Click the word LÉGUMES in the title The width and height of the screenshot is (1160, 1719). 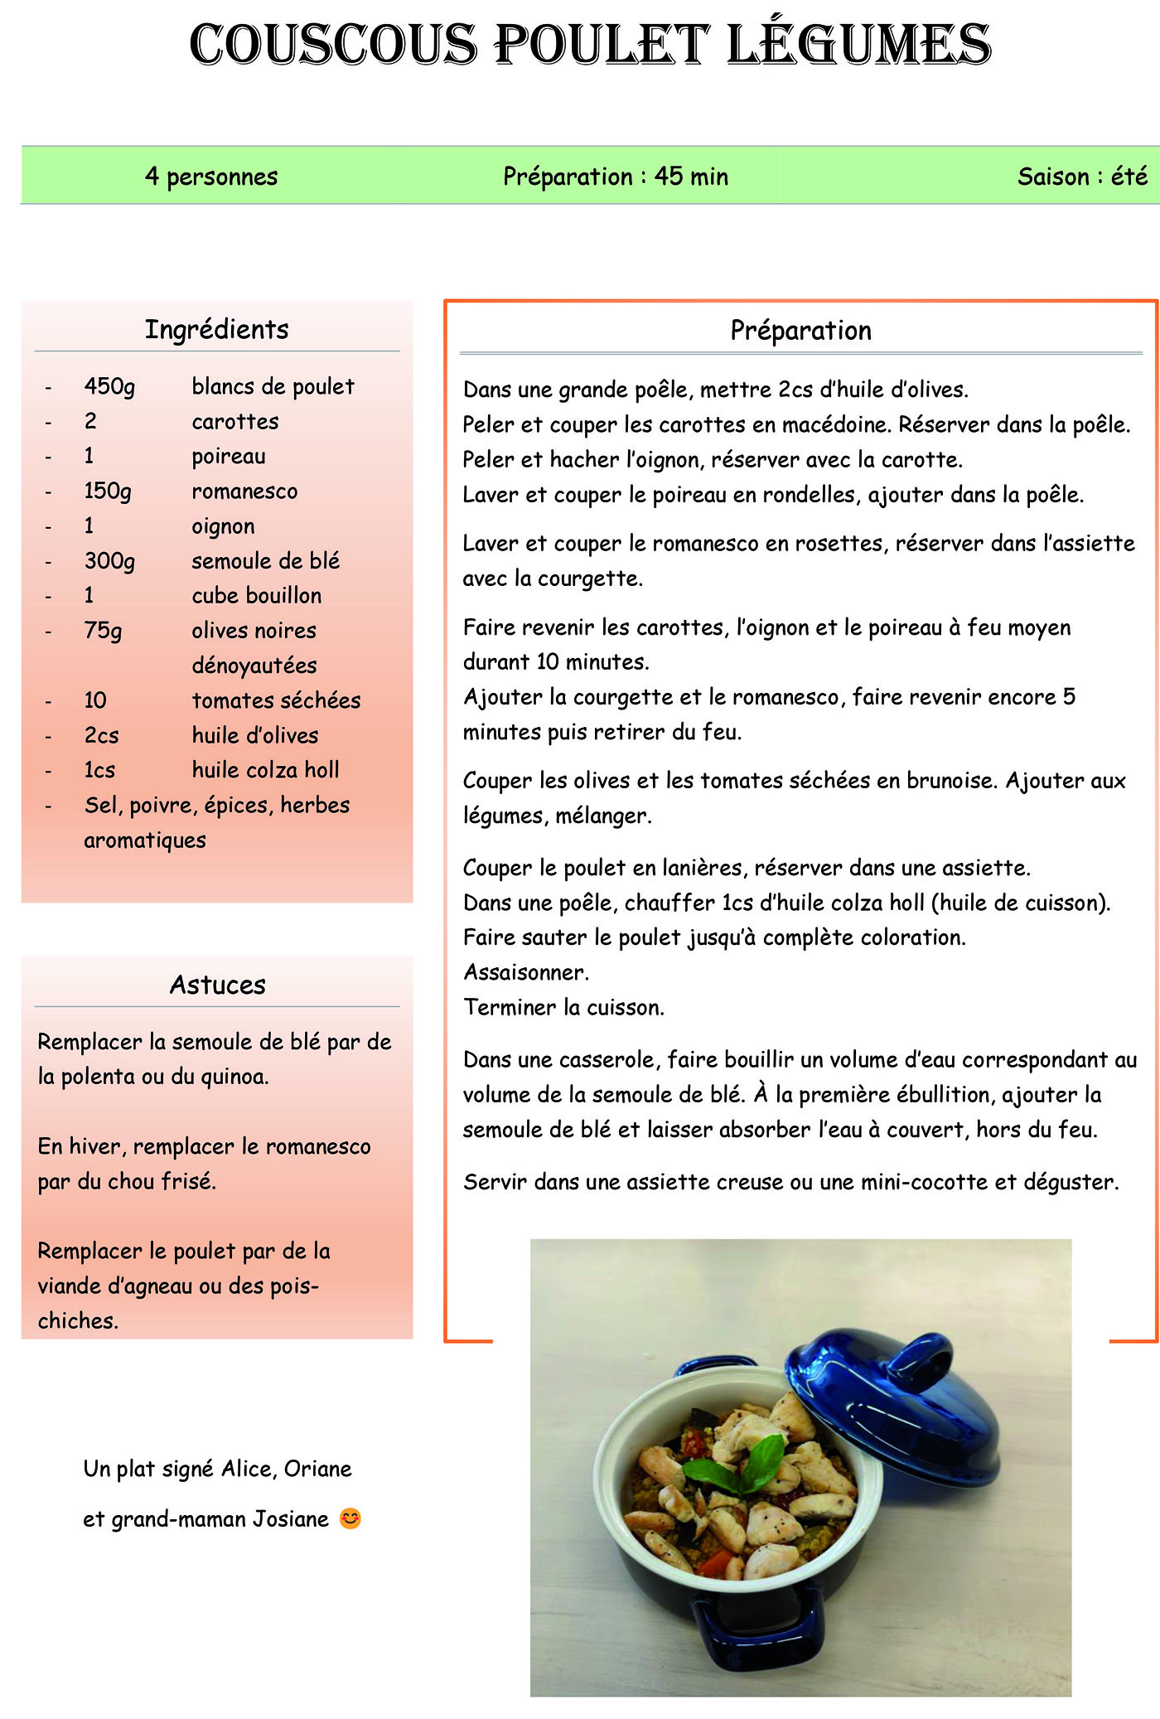[x=858, y=45]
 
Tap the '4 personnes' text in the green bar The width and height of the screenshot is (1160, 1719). [x=211, y=177]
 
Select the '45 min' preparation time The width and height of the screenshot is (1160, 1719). [x=691, y=177]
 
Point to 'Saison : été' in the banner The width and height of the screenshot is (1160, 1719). [x=1082, y=177]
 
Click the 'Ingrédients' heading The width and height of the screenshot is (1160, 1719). [x=217, y=330]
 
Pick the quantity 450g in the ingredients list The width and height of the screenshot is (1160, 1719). [x=109, y=387]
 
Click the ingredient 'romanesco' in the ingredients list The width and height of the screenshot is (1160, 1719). [x=244, y=491]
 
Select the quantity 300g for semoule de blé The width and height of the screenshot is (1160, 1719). [x=109, y=561]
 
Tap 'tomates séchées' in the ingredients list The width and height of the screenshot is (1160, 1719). [x=276, y=700]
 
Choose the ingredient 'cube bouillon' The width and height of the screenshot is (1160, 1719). [x=257, y=596]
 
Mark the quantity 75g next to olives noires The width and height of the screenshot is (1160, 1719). [x=103, y=631]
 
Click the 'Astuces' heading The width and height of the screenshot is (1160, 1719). [x=217, y=985]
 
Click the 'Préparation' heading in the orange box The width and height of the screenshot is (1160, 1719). [x=800, y=331]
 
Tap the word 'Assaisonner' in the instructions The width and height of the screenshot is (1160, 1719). [x=525, y=972]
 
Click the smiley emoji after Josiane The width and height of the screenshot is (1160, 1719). [x=350, y=1518]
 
